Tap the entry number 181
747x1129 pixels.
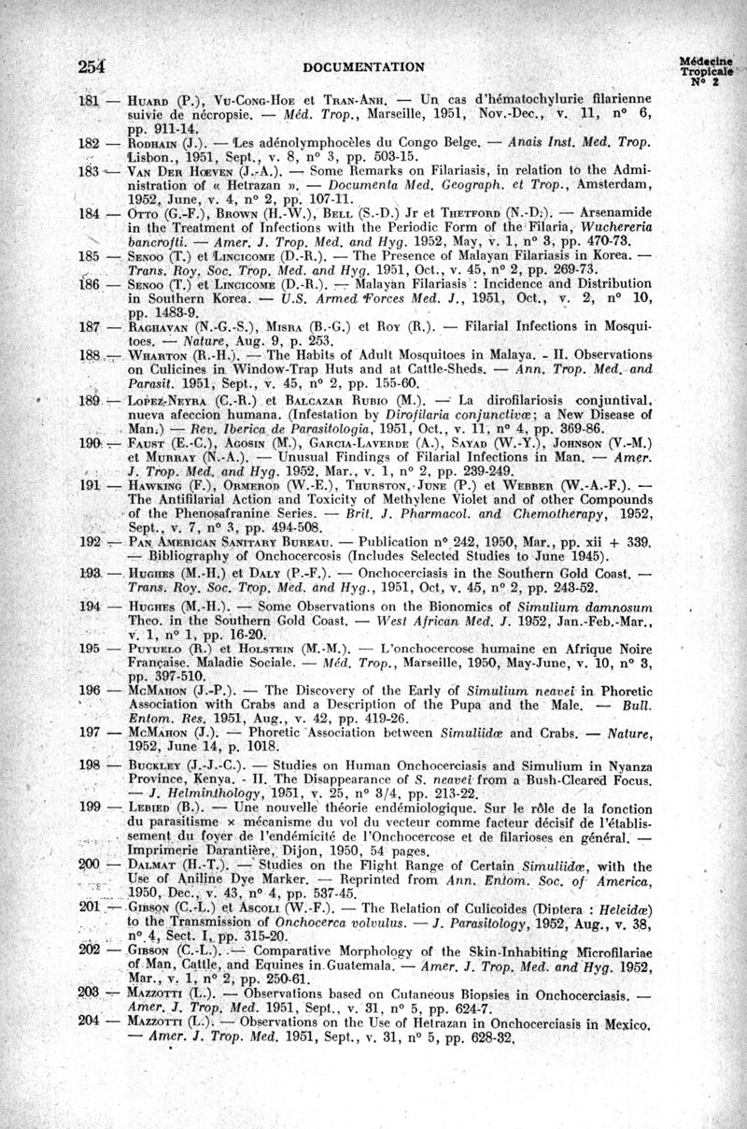pyautogui.click(x=90, y=99)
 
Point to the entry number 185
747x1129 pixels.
pyautogui.click(x=90, y=255)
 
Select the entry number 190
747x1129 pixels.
pyautogui.click(x=90, y=441)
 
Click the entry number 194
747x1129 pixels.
pyautogui.click(x=90, y=607)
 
